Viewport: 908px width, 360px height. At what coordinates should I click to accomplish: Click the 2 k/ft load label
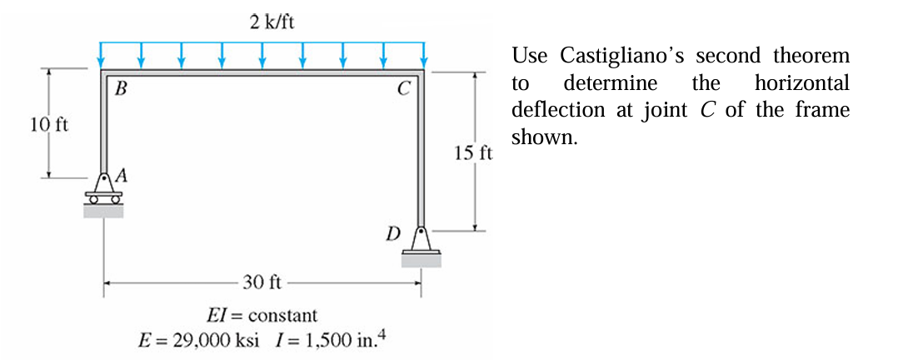pos(272,22)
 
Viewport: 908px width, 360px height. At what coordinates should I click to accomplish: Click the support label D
pos(393,231)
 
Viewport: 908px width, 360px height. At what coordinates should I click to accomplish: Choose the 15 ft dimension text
pos(473,152)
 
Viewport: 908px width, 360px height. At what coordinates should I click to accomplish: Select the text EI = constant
pos(262,316)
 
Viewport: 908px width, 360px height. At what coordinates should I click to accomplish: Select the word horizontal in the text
pos(801,83)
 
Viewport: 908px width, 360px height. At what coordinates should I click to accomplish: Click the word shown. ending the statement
pos(544,137)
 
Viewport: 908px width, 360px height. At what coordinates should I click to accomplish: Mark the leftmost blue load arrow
pos(102,55)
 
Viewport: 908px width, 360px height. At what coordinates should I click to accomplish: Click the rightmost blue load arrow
pos(424,55)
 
